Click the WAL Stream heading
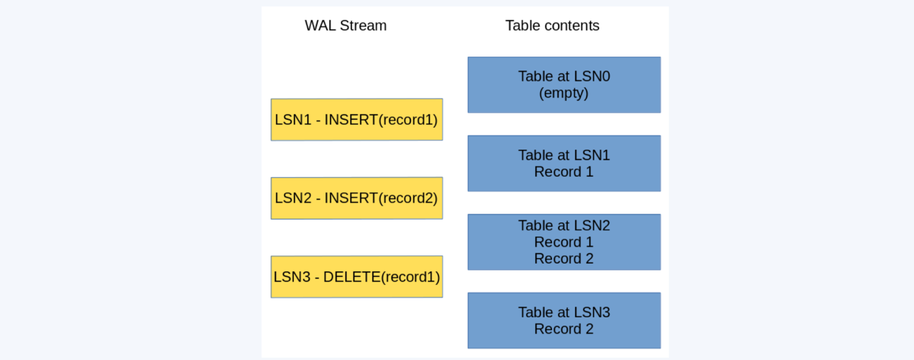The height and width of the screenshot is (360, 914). click(x=345, y=26)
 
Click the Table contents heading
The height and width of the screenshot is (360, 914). click(x=552, y=26)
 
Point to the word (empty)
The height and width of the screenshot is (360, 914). click(x=563, y=93)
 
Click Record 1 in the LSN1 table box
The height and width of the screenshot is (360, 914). click(x=563, y=172)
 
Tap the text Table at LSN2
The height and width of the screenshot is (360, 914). click(x=564, y=225)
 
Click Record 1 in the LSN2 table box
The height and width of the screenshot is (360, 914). click(x=563, y=242)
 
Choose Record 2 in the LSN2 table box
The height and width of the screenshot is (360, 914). click(x=563, y=258)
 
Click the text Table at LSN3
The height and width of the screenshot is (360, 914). click(x=564, y=312)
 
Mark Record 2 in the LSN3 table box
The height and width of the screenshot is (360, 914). click(x=563, y=329)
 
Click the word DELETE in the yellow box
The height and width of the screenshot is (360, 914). click(x=352, y=277)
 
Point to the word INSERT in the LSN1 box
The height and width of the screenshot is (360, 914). click(x=351, y=119)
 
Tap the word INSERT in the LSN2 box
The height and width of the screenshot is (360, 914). click(x=351, y=198)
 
